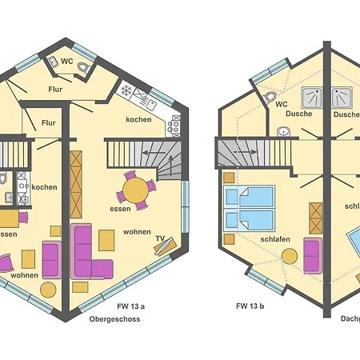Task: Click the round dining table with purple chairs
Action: click(136, 190)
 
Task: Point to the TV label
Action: click(160, 238)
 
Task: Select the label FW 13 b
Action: click(251, 306)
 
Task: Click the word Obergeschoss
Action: click(114, 318)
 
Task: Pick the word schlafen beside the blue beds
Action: click(274, 239)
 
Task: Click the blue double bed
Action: click(250, 207)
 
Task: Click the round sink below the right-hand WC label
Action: click(282, 132)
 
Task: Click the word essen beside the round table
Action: click(121, 209)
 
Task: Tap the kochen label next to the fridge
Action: click(138, 120)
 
